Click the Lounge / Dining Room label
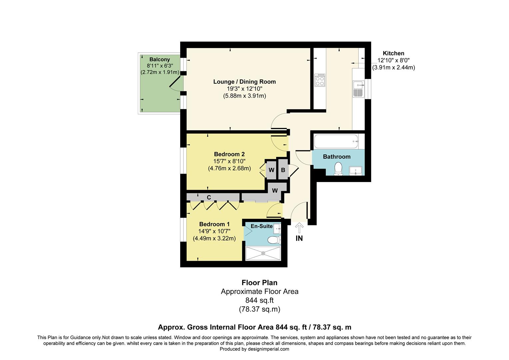(x=245, y=82)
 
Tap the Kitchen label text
(x=393, y=53)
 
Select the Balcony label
(x=160, y=60)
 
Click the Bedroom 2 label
(x=229, y=154)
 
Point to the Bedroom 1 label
(x=214, y=224)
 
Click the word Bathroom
(x=336, y=157)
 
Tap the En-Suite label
(x=261, y=226)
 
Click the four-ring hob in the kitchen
(x=320, y=80)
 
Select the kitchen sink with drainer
(x=358, y=88)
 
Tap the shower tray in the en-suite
(x=263, y=253)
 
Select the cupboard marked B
(x=283, y=170)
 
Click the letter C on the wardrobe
(x=209, y=197)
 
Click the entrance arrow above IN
(x=299, y=228)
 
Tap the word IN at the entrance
(x=299, y=238)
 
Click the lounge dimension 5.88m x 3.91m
(x=245, y=96)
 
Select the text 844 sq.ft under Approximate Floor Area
(x=259, y=300)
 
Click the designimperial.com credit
(x=254, y=349)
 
